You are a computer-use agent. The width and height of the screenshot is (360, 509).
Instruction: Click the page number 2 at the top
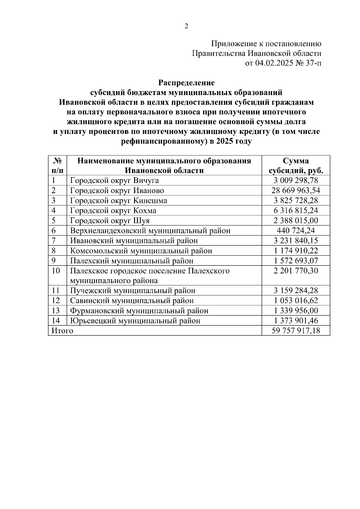186,27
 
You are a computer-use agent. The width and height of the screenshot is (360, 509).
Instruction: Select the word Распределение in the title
186,82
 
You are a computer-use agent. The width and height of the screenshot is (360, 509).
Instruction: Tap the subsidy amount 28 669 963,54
295,190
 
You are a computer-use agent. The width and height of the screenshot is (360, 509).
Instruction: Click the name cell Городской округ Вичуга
114,181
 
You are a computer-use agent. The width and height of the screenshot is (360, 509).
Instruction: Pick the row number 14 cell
56,321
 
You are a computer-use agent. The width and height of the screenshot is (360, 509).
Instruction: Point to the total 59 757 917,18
295,331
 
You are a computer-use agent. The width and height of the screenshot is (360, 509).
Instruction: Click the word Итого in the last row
62,331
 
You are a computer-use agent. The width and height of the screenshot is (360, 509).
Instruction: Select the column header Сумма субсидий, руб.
295,166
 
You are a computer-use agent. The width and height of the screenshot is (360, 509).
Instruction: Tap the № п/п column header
57,166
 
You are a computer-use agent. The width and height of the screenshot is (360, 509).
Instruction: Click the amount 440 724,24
295,231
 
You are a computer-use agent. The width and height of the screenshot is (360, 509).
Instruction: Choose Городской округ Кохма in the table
113,211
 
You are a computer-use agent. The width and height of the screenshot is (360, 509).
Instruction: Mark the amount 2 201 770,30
295,271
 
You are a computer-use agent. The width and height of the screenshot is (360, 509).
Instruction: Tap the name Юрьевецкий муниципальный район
135,321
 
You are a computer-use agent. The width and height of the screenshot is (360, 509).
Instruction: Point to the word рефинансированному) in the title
164,141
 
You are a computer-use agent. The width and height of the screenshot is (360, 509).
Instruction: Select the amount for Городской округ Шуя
295,221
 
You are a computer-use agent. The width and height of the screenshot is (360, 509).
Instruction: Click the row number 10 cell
56,271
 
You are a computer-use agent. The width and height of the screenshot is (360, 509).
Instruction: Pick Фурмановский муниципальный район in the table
139,311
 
